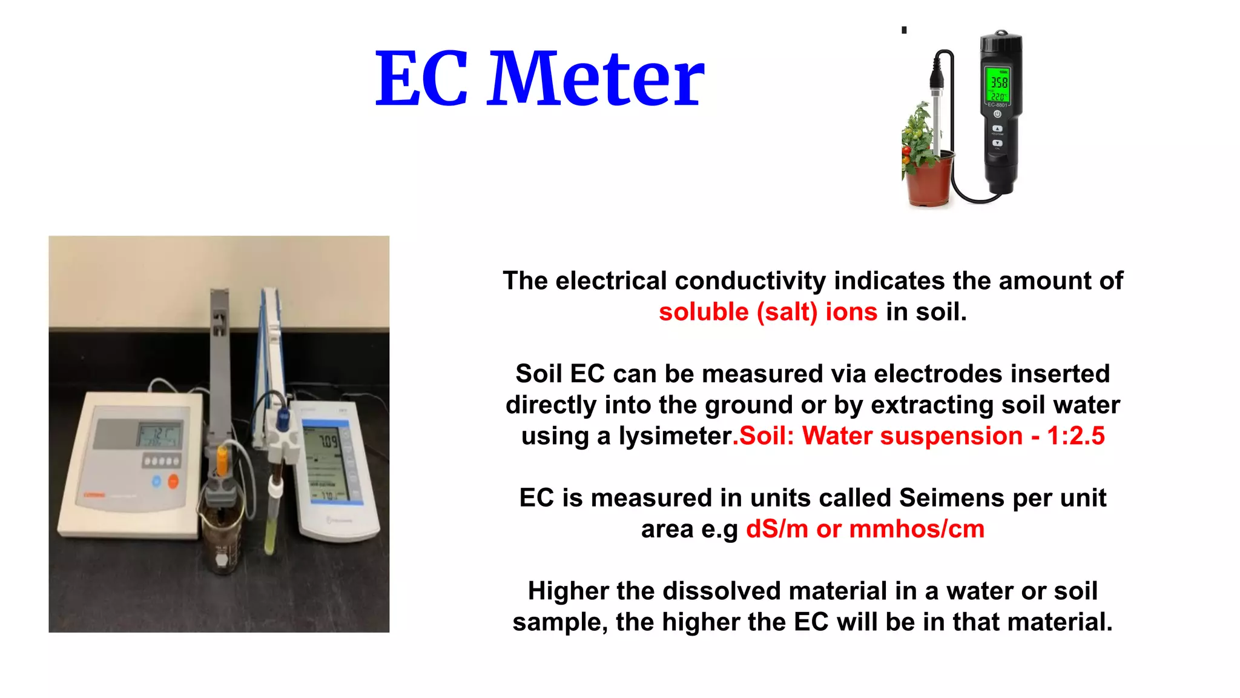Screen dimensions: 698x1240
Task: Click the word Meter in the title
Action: (x=596, y=79)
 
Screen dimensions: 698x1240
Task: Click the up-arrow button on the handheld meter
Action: (x=997, y=128)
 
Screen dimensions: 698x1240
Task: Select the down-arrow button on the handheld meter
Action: (x=997, y=144)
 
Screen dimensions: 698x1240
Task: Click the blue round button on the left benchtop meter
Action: (x=156, y=482)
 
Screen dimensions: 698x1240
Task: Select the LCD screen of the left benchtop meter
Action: (x=159, y=435)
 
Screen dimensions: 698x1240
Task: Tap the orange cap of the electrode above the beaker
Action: (x=222, y=460)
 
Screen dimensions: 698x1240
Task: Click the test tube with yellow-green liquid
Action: (x=271, y=521)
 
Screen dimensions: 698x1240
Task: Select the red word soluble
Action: (x=704, y=312)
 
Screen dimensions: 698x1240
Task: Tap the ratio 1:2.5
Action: (x=1076, y=436)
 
